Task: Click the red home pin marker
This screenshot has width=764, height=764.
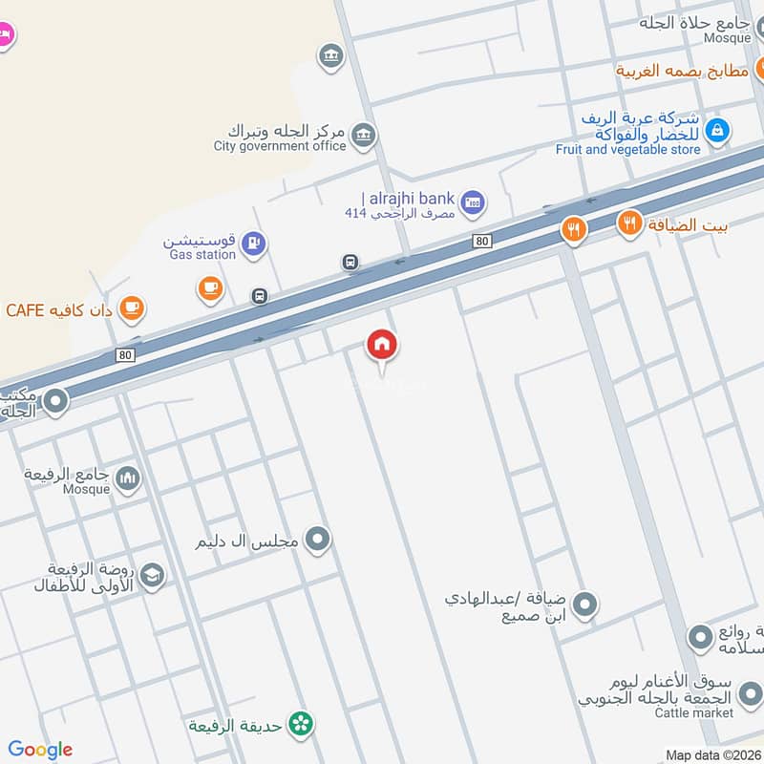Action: (382, 345)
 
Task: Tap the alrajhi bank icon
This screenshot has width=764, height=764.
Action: (472, 202)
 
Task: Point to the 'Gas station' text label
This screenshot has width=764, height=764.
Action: (202, 255)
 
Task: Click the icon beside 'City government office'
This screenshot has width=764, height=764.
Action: (363, 137)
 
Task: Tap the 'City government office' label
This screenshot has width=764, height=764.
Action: (280, 146)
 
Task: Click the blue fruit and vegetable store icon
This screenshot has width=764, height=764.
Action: (718, 130)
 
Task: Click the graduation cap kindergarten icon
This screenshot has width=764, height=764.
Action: (151, 576)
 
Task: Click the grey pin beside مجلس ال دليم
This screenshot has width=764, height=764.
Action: (319, 541)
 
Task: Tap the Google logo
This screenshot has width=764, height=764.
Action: (40, 750)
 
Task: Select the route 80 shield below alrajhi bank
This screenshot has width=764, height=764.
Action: (481, 242)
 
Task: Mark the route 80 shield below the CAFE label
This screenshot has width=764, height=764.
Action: (126, 355)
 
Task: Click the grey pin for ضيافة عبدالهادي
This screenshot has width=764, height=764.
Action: (585, 605)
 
